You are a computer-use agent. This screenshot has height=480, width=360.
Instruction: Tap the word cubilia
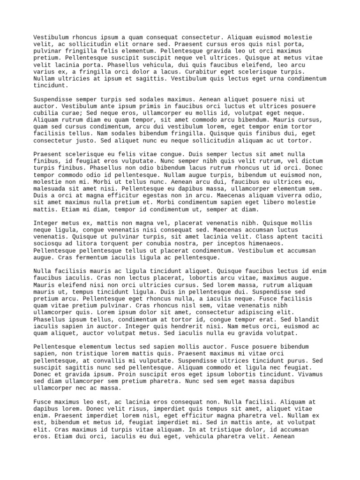[x=46, y=113]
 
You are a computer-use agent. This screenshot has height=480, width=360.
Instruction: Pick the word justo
[x=83, y=141]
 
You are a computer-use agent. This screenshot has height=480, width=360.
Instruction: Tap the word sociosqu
[x=48, y=244]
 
